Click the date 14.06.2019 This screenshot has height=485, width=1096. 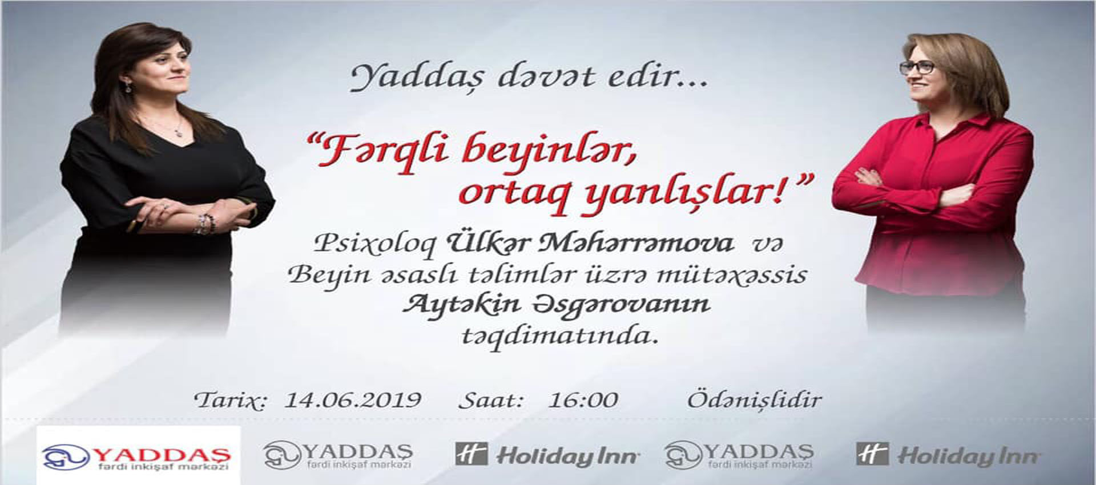[353, 399]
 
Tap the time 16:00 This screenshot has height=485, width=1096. [583, 399]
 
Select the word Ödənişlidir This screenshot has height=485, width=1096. [754, 399]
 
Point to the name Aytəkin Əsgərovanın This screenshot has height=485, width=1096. [556, 304]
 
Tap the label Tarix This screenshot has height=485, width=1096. [230, 400]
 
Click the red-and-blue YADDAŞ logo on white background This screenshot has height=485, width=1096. [138, 455]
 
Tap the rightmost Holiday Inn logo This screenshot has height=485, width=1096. [948, 455]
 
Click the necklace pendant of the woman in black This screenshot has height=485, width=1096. [178, 132]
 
